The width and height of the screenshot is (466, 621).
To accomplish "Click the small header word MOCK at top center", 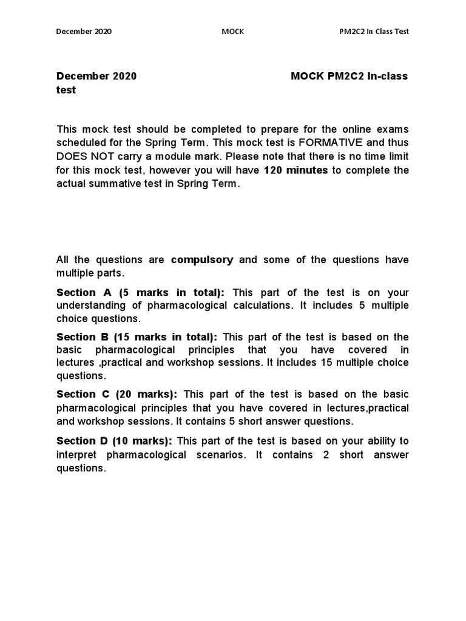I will pyautogui.click(x=233, y=32).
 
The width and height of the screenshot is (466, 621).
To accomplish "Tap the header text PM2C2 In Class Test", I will pyautogui.click(x=374, y=32).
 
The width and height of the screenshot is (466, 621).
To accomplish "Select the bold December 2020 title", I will pyautogui.click(x=96, y=76).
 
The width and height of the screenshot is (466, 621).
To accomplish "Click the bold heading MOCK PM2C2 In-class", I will pyautogui.click(x=349, y=76).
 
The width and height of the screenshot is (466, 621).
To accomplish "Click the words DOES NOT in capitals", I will pyautogui.click(x=83, y=156).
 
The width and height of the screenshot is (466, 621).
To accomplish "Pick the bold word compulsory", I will pyautogui.click(x=202, y=260).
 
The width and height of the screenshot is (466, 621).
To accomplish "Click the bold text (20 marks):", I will pyautogui.click(x=149, y=394).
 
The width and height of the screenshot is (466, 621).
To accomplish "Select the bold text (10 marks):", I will pyautogui.click(x=145, y=441).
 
